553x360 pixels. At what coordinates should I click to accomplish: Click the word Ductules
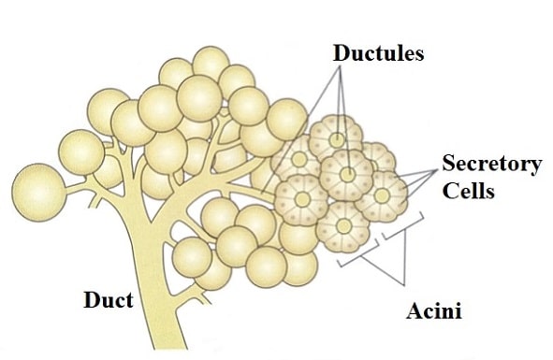[x=378, y=53]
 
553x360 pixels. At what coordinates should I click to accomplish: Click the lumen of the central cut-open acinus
[x=348, y=174]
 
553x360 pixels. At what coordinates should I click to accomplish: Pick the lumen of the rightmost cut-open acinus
[x=384, y=197]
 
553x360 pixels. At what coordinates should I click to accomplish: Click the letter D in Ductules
[x=341, y=53]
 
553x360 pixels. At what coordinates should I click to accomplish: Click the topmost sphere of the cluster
[x=211, y=63]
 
